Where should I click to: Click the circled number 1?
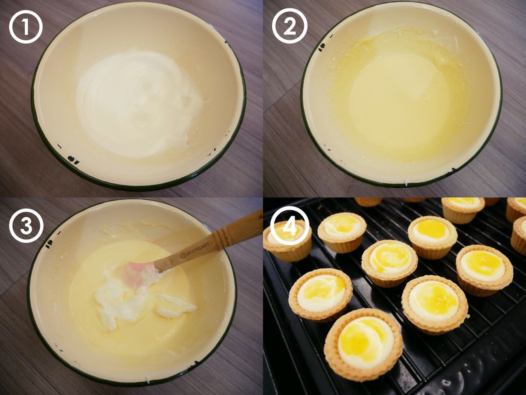(x=26, y=27)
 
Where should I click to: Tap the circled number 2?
(x=290, y=26)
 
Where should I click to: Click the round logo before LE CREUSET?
(x=182, y=256)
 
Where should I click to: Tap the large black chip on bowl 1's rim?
(x=73, y=160)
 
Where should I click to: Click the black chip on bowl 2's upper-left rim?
(x=321, y=46)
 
